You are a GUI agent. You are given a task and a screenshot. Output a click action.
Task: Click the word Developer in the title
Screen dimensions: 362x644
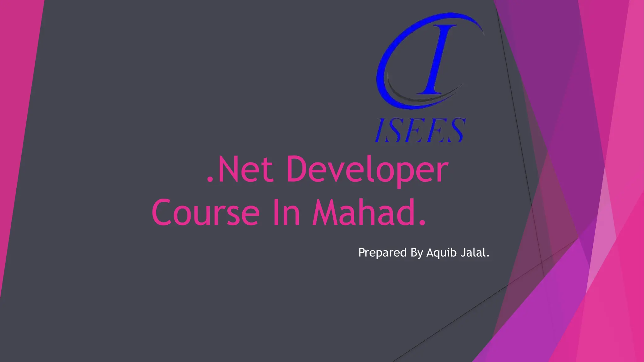[x=367, y=170]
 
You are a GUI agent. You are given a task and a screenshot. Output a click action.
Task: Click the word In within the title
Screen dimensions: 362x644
[x=286, y=213]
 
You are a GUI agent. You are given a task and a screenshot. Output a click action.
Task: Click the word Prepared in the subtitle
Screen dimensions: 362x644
[x=382, y=253]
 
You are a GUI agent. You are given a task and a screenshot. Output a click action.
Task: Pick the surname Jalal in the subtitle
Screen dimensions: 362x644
[x=472, y=252]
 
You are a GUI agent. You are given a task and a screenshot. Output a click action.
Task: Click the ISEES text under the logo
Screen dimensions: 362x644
[x=420, y=130]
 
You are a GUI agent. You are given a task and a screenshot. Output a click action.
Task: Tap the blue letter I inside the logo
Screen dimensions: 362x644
[x=436, y=60]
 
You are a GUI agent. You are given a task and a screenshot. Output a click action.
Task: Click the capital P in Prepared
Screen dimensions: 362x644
[x=362, y=252]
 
